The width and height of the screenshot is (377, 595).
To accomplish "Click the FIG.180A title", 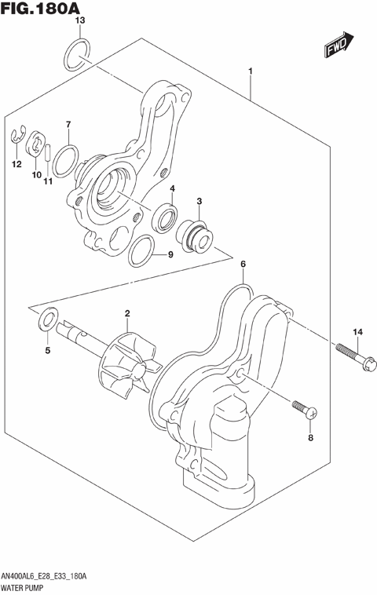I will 41,9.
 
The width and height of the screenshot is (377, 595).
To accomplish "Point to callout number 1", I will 250,73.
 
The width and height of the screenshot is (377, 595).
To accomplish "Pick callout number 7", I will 68,125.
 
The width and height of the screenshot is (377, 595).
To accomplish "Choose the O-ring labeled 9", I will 140,250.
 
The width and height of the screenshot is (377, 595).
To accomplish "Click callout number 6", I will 243,265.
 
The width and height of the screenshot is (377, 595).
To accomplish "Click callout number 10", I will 36,175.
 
